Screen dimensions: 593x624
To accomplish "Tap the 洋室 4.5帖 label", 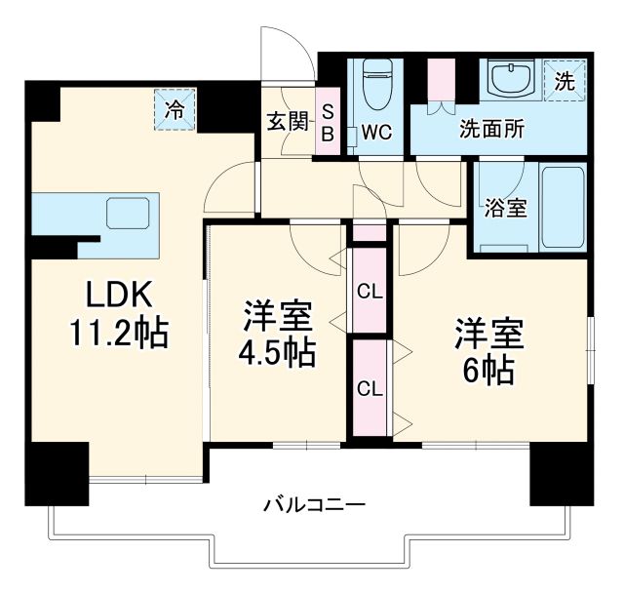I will click(278, 335).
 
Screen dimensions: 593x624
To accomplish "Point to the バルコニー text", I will click(314, 505).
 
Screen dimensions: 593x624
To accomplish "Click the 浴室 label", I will click(506, 208).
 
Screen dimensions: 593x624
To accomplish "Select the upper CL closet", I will click(370, 290).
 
